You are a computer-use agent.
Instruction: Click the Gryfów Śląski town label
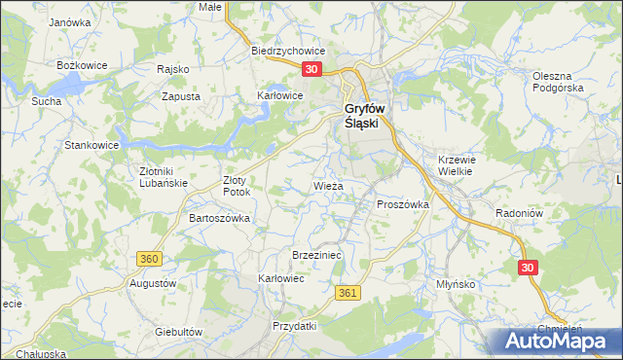tap(364, 117)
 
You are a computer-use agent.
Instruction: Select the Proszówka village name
tap(403, 204)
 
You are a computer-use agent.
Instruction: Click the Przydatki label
tap(295, 326)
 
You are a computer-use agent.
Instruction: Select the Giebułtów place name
tap(178, 331)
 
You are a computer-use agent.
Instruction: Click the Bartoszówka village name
tap(219, 218)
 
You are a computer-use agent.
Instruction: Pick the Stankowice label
tap(92, 145)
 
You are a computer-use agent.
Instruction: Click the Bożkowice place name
tap(81, 64)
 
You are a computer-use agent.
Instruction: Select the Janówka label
tap(69, 21)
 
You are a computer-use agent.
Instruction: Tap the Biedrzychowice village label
tap(287, 51)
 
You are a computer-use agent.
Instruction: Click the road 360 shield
tap(149, 259)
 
